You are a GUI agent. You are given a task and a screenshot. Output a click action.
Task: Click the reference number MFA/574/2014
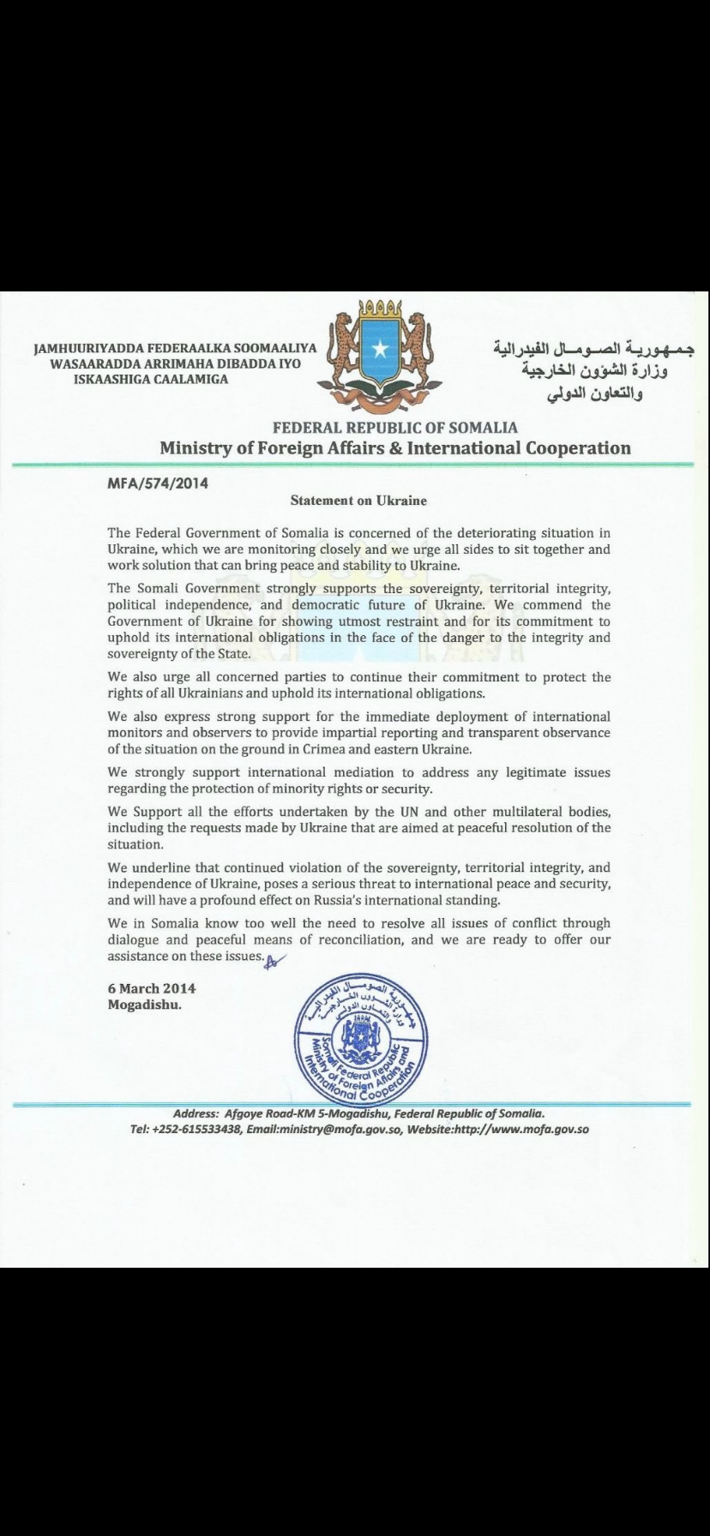click(x=158, y=483)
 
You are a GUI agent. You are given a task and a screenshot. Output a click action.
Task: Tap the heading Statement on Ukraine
click(x=358, y=500)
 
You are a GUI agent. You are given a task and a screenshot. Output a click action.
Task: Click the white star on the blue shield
click(x=380, y=349)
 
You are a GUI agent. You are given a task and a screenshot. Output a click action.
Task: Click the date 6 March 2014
click(x=146, y=988)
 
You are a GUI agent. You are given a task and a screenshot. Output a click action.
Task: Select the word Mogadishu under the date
click(x=144, y=1005)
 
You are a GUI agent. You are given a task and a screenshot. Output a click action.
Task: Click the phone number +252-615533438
click(x=198, y=1129)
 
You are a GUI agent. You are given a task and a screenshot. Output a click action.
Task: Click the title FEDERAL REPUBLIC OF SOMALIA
click(x=395, y=427)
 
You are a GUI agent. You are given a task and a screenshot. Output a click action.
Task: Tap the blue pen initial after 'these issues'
click(x=274, y=959)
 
